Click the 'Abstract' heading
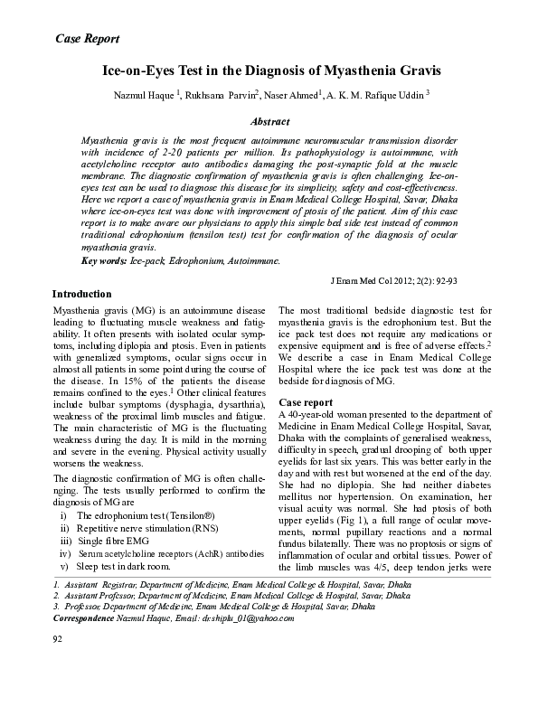pyautogui.click(x=269, y=121)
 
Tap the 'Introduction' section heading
pyautogui.click(x=81, y=295)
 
